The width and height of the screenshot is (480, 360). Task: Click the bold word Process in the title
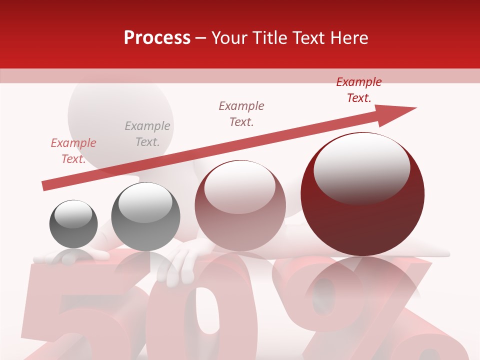tap(157, 38)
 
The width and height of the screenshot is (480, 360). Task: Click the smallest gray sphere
tap(73, 224)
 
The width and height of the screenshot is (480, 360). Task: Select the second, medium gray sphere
tap(145, 216)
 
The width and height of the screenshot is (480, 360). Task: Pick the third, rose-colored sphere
tap(240, 205)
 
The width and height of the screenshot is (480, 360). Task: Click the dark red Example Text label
tap(359, 90)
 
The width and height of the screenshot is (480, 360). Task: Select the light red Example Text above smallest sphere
tap(73, 151)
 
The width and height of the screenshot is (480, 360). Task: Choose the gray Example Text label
tap(147, 134)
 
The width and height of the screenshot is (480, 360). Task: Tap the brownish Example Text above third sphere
tap(241, 114)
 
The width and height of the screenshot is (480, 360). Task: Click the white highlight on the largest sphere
tap(361, 169)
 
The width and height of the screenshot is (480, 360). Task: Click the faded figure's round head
tap(120, 115)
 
